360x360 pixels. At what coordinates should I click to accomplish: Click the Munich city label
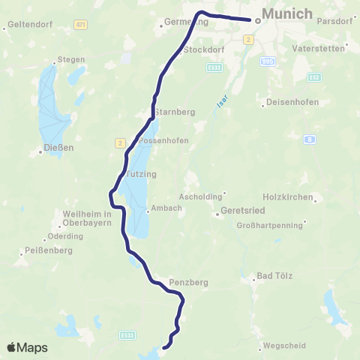287,14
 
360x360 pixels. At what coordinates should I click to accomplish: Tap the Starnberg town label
174,112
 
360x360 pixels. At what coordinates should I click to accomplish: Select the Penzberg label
188,283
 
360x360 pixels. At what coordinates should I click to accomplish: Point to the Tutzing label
142,173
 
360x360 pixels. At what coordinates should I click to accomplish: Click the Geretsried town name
244,211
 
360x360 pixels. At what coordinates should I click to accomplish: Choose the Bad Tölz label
273,275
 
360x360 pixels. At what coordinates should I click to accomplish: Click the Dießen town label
58,148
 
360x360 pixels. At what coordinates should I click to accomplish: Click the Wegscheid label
284,346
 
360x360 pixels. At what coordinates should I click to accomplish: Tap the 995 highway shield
268,61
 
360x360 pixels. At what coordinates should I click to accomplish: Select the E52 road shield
315,76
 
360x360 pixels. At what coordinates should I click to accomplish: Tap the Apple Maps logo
27,347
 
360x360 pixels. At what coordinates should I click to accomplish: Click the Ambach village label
166,208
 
